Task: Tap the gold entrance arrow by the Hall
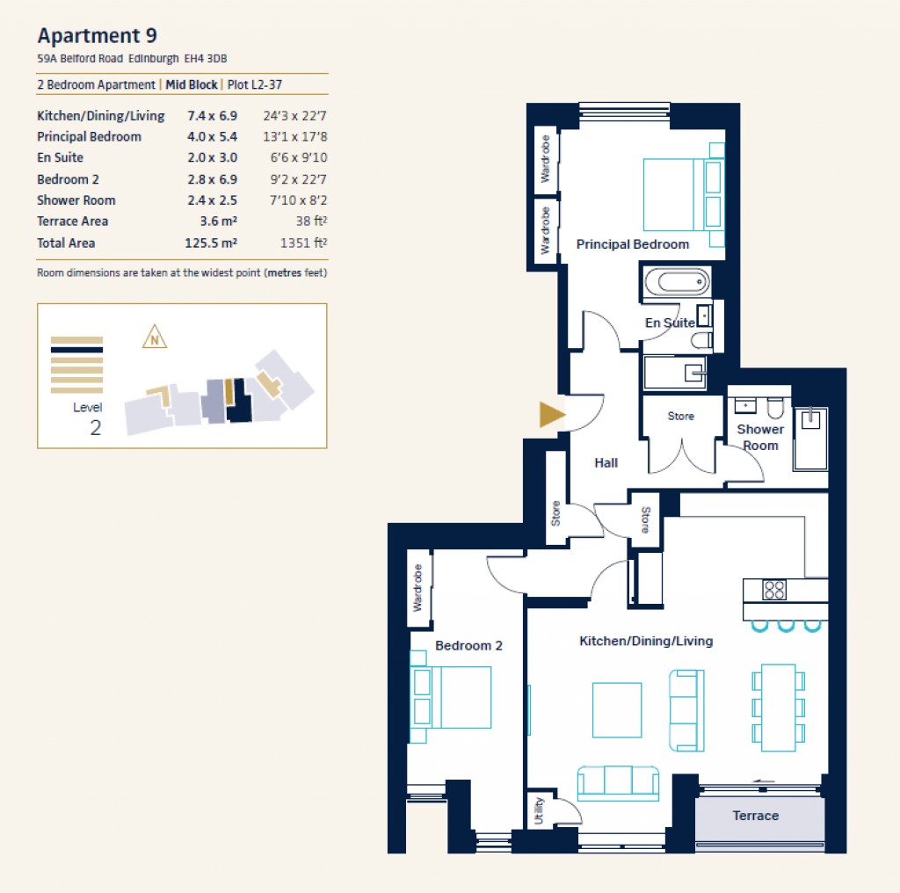(x=551, y=415)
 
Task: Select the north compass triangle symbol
(x=155, y=337)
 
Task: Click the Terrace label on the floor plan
(x=755, y=816)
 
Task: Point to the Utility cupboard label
(x=539, y=811)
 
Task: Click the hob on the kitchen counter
(x=773, y=590)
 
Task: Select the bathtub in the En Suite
(x=675, y=282)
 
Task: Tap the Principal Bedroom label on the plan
(x=632, y=244)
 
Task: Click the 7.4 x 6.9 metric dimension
(x=212, y=115)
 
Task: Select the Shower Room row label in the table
(x=76, y=200)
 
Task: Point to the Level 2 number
(x=95, y=428)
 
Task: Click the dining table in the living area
(x=778, y=707)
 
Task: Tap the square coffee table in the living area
(x=616, y=709)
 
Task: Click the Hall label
(x=606, y=463)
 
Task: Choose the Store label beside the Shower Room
(x=680, y=417)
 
